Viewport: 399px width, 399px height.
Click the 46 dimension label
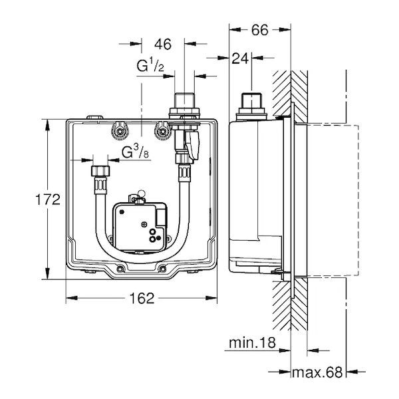coord(163,45)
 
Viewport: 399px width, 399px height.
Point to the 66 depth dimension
coord(259,29)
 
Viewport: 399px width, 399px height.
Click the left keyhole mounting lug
coord(121,131)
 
